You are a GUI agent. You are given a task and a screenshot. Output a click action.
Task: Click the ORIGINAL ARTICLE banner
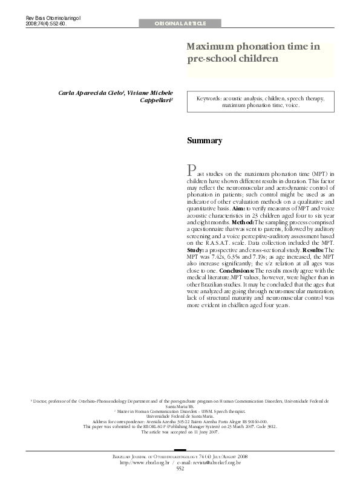point(180,24)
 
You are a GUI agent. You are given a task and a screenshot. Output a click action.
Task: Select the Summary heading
point(204,140)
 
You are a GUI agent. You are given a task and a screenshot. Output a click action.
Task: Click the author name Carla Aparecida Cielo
point(91,94)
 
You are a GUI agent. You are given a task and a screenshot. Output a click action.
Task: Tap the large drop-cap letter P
point(192,169)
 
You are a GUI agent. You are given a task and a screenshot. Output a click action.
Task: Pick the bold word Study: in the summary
point(195,250)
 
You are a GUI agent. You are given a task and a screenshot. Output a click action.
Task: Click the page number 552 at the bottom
point(180,469)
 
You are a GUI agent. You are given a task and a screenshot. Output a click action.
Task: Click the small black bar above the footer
point(180,450)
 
